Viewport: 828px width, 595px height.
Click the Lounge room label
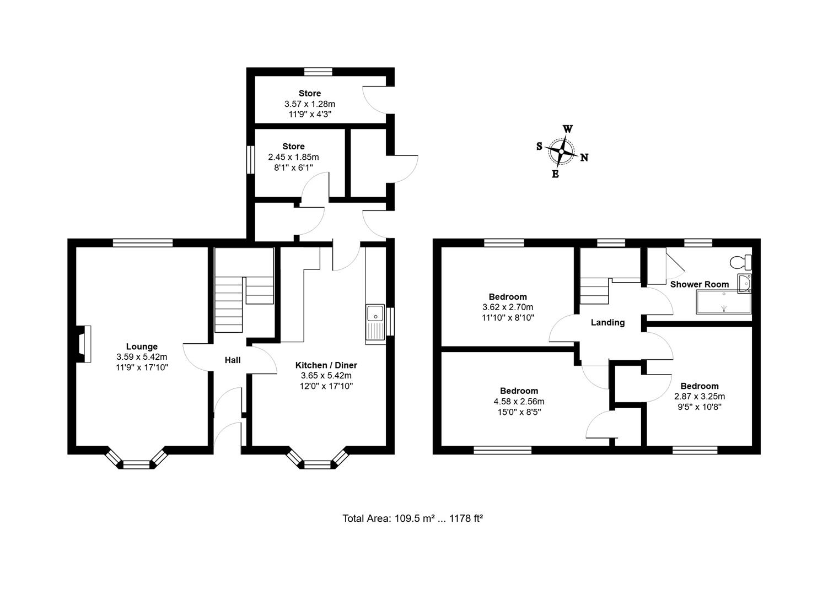pyautogui.click(x=142, y=347)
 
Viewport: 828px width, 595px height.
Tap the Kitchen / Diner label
pyautogui.click(x=326, y=365)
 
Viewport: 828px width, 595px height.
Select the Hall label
pyautogui.click(x=233, y=360)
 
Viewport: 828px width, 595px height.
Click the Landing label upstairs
pyautogui.click(x=607, y=322)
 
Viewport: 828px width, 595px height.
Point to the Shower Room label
pyautogui.click(x=699, y=284)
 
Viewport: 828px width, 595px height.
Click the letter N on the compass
pyautogui.click(x=584, y=158)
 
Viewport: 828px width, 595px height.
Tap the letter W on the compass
pyautogui.click(x=567, y=129)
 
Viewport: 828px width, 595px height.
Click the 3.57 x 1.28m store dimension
pyautogui.click(x=310, y=104)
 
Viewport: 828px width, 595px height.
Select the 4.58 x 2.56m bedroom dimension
pyautogui.click(x=519, y=402)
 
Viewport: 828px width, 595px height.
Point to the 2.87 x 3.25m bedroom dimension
pyautogui.click(x=699, y=396)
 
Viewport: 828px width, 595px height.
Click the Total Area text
pyautogui.click(x=412, y=518)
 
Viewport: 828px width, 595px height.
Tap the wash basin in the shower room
pyautogui.click(x=745, y=283)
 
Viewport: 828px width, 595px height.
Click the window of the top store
pyautogui.click(x=318, y=71)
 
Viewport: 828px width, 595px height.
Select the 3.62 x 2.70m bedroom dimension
pyautogui.click(x=508, y=307)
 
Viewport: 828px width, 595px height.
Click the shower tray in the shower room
pyautogui.click(x=724, y=302)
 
